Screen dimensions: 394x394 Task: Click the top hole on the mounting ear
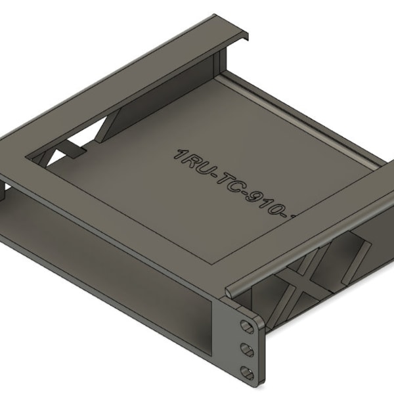[x=246, y=326]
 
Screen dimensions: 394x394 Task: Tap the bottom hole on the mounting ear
[x=248, y=372]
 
